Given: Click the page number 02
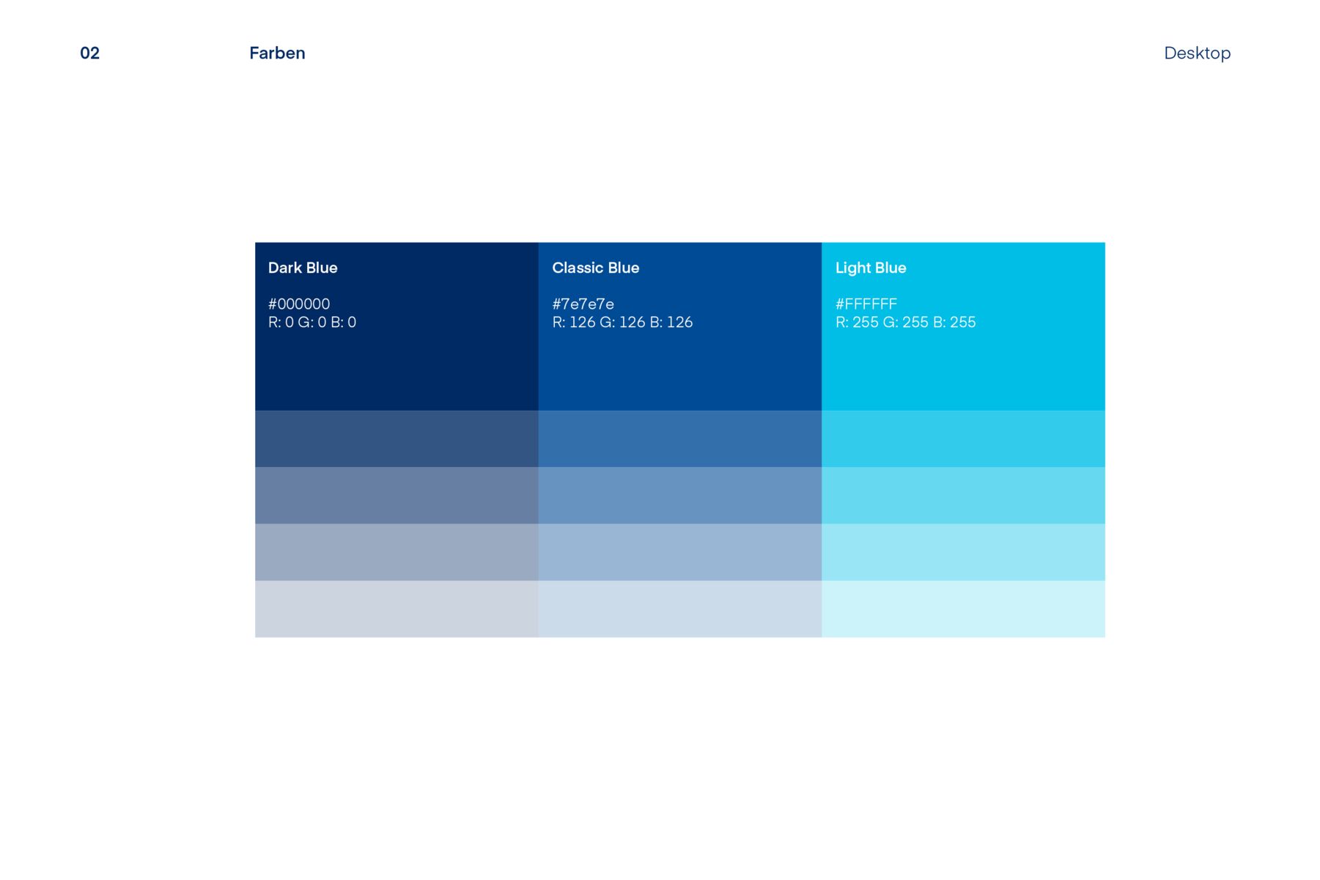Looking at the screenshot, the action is pyautogui.click(x=89, y=53).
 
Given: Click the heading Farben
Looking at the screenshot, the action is pyautogui.click(x=277, y=53).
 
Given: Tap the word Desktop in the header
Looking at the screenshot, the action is pyautogui.click(x=1197, y=53).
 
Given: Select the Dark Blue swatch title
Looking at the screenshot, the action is pyautogui.click(x=303, y=268).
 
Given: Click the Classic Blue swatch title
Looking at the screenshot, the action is pyautogui.click(x=595, y=268).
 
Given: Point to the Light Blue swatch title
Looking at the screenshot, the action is pyautogui.click(x=871, y=268).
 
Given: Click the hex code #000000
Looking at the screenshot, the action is pyautogui.click(x=299, y=304).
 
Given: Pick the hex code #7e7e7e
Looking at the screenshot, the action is pyautogui.click(x=583, y=304).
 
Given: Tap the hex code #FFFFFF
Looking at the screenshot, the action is pyautogui.click(x=866, y=304).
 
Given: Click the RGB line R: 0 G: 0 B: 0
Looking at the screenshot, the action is pyautogui.click(x=312, y=322).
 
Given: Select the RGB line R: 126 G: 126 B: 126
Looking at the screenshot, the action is pyautogui.click(x=622, y=322).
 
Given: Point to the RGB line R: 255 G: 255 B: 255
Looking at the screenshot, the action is pyautogui.click(x=906, y=322).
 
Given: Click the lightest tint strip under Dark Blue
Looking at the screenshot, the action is pyautogui.click(x=397, y=609).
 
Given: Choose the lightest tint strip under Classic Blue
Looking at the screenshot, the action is pyautogui.click(x=680, y=609).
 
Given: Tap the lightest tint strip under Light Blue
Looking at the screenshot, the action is pyautogui.click(x=963, y=609).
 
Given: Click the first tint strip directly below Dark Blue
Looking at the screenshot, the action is pyautogui.click(x=397, y=439).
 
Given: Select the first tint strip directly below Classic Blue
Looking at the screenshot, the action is pyautogui.click(x=680, y=439).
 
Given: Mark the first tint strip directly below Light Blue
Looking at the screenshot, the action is pyautogui.click(x=963, y=439).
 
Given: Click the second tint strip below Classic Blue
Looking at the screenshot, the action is pyautogui.click(x=680, y=495).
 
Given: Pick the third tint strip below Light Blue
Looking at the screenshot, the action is pyautogui.click(x=963, y=552).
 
